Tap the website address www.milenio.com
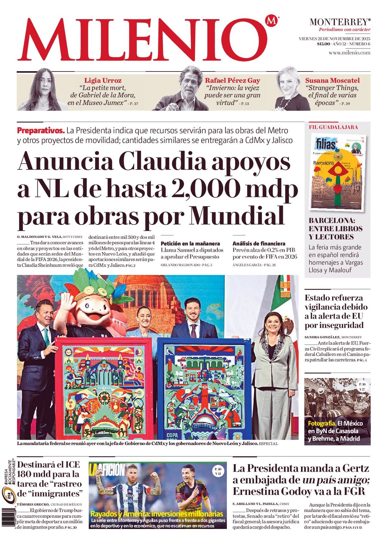[x=349, y=53]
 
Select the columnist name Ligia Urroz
[x=103, y=81]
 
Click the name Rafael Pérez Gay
[x=232, y=81]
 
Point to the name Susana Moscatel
[x=332, y=81]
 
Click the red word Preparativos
[x=41, y=131]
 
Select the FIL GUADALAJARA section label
[x=333, y=127]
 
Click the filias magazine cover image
[x=338, y=172]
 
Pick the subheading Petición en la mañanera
[x=190, y=244]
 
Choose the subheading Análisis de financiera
[x=259, y=244]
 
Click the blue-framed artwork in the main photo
[x=204, y=388]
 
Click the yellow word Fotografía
[x=322, y=423]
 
